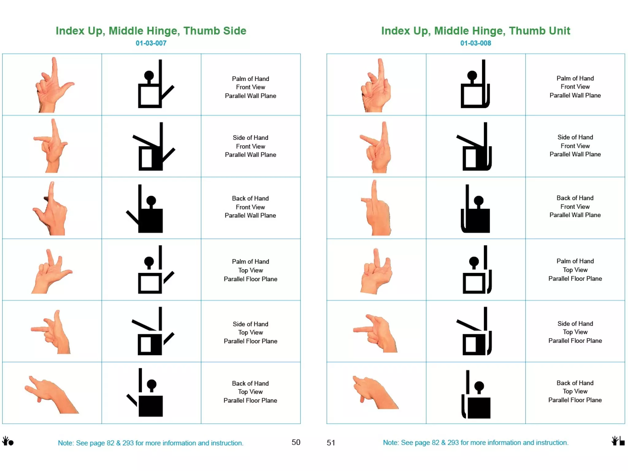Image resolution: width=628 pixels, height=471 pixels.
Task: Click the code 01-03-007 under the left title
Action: [151, 43]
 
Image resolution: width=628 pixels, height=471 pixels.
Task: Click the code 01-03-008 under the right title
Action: [475, 43]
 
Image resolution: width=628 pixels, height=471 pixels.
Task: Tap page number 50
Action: [296, 442]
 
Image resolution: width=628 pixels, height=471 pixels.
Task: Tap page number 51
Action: [331, 442]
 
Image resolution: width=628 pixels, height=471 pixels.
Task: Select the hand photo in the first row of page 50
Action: [53, 85]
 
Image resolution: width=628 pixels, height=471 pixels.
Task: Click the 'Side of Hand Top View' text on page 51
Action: [575, 332]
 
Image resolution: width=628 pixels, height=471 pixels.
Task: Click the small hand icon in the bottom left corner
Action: [8, 441]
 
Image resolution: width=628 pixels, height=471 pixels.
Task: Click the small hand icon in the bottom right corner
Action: [618, 441]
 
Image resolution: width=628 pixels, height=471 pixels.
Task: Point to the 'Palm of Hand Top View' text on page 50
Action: [250, 270]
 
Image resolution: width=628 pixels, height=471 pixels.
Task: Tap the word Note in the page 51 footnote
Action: [390, 442]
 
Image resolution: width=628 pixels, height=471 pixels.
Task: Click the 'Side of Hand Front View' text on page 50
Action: [250, 146]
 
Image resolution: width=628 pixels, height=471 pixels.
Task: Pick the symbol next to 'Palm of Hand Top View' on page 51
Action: [477, 270]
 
